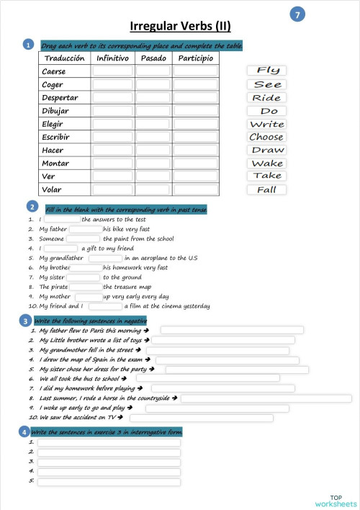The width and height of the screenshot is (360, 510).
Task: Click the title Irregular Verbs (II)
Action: click(180, 27)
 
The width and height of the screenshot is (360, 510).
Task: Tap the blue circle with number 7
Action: click(298, 14)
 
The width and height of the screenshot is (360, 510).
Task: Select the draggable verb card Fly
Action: click(266, 71)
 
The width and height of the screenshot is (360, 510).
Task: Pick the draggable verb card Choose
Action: click(266, 137)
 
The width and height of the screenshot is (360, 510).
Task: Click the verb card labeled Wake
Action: click(266, 164)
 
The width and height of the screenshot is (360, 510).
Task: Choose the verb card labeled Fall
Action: click(266, 190)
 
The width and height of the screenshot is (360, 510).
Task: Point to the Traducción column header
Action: click(64, 58)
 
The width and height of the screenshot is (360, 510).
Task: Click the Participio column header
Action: click(195, 58)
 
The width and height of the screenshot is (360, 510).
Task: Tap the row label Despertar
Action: click(60, 98)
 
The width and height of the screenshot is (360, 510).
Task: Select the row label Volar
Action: click(52, 189)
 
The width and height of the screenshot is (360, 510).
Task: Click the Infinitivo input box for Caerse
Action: click(113, 71)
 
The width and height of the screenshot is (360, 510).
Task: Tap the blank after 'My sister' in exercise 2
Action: click(84, 277)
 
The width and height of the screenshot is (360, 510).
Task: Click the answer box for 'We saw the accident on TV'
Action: click(201, 417)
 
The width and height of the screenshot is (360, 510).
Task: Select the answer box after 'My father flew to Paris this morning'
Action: click(231, 331)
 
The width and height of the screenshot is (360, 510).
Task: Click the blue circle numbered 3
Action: click(26, 321)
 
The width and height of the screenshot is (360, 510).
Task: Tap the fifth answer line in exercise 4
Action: click(108, 480)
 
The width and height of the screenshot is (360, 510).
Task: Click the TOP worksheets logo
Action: click(336, 501)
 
